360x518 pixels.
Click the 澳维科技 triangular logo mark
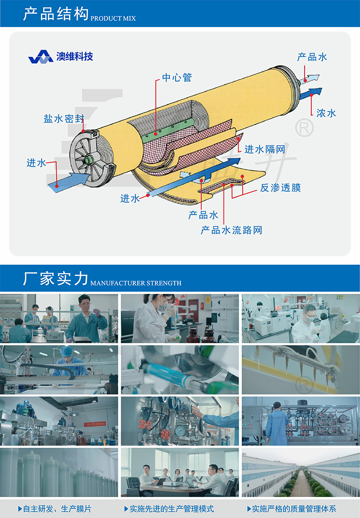click(x=40, y=57)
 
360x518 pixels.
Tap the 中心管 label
click(x=177, y=78)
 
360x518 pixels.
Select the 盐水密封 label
click(x=64, y=119)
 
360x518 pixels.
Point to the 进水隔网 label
click(x=265, y=149)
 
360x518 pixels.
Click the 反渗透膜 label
click(x=280, y=188)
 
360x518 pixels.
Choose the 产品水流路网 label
click(x=231, y=230)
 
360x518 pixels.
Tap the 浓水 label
click(x=326, y=113)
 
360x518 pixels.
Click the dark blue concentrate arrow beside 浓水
click(x=310, y=94)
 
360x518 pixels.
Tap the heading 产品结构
click(x=56, y=14)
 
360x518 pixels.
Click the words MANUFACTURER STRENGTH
click(x=136, y=283)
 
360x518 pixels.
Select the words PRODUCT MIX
click(x=113, y=18)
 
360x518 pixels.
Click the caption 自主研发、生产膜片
click(x=55, y=509)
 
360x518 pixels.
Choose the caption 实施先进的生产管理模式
click(x=169, y=509)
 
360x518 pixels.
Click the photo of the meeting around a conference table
click(x=180, y=473)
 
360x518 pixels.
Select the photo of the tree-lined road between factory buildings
click(x=301, y=473)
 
